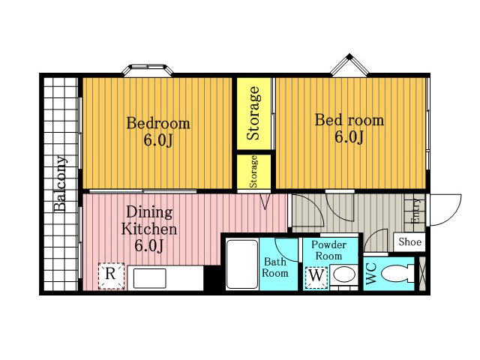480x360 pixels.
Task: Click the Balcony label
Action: pos(60,184)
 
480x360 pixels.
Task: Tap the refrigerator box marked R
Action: pos(111,276)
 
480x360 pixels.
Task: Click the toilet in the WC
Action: pos(397,273)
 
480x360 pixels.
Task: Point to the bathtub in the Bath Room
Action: pos(242,264)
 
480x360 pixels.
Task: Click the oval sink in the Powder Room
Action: pos(344,274)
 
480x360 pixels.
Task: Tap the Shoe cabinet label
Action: pos(409,241)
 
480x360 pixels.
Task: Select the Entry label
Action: pos(416,211)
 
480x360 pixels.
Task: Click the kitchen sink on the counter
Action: pos(150,278)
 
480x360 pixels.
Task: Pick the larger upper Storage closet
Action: pos(253,113)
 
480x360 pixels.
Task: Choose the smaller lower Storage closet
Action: pos(253,172)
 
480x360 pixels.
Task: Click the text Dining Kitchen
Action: pos(149,220)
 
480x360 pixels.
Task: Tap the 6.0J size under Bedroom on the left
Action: pos(158,140)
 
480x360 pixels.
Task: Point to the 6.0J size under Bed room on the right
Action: pos(349,136)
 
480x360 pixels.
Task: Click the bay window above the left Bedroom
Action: pos(148,70)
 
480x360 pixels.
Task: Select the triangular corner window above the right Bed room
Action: pos(349,65)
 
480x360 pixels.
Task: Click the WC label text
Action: pos(371,273)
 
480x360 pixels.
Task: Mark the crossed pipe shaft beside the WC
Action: pos(421,274)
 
